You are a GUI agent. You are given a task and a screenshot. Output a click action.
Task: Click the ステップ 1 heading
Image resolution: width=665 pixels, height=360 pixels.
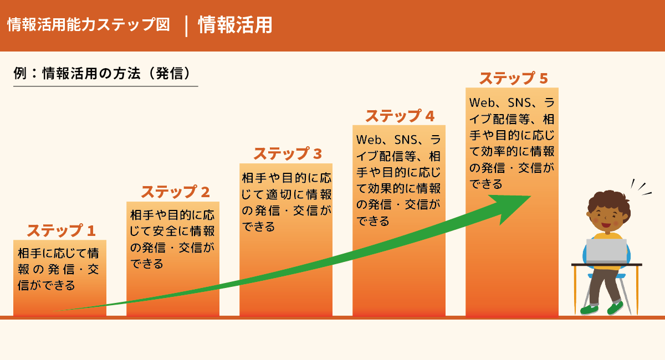pos(61,231)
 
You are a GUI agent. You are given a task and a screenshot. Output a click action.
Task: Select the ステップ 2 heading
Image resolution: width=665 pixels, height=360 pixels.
pos(176,192)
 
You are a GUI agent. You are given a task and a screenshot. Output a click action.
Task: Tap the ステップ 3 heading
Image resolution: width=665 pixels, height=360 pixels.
pos(288,154)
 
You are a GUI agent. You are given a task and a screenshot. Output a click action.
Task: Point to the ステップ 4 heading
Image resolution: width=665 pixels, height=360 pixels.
pos(400,116)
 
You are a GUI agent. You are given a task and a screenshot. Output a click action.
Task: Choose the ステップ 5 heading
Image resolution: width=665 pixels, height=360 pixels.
pos(514,78)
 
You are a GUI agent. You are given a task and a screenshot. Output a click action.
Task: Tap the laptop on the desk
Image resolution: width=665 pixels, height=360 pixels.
pos(606,251)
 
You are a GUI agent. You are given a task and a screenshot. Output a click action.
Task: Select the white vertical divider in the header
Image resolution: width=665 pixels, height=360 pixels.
pos(186,26)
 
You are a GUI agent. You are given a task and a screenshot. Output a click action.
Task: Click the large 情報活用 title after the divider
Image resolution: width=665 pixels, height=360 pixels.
pos(235,25)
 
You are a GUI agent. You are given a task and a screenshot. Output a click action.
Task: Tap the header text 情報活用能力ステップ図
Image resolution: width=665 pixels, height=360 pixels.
pos(89,24)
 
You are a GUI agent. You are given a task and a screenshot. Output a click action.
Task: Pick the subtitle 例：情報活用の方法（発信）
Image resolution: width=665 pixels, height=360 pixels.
pos(102,73)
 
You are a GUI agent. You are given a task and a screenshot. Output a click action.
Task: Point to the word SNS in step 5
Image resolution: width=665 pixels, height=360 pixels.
pos(519,102)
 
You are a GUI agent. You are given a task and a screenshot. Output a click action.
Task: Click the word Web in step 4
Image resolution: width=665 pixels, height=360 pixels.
pos(369,140)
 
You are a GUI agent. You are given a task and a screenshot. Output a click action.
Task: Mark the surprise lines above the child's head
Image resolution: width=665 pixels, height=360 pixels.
pos(641,188)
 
